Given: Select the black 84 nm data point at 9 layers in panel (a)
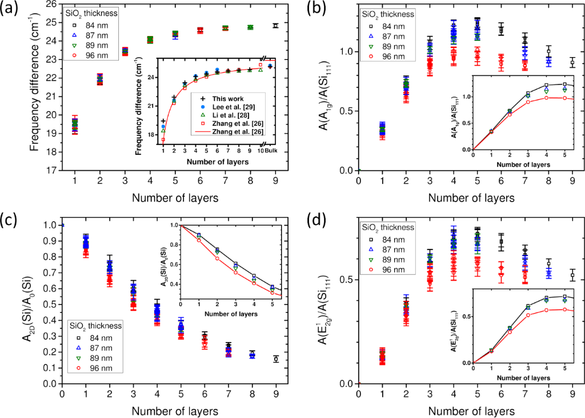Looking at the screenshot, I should click(x=275, y=26).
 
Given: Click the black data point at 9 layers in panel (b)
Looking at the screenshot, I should click(x=572, y=62).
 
